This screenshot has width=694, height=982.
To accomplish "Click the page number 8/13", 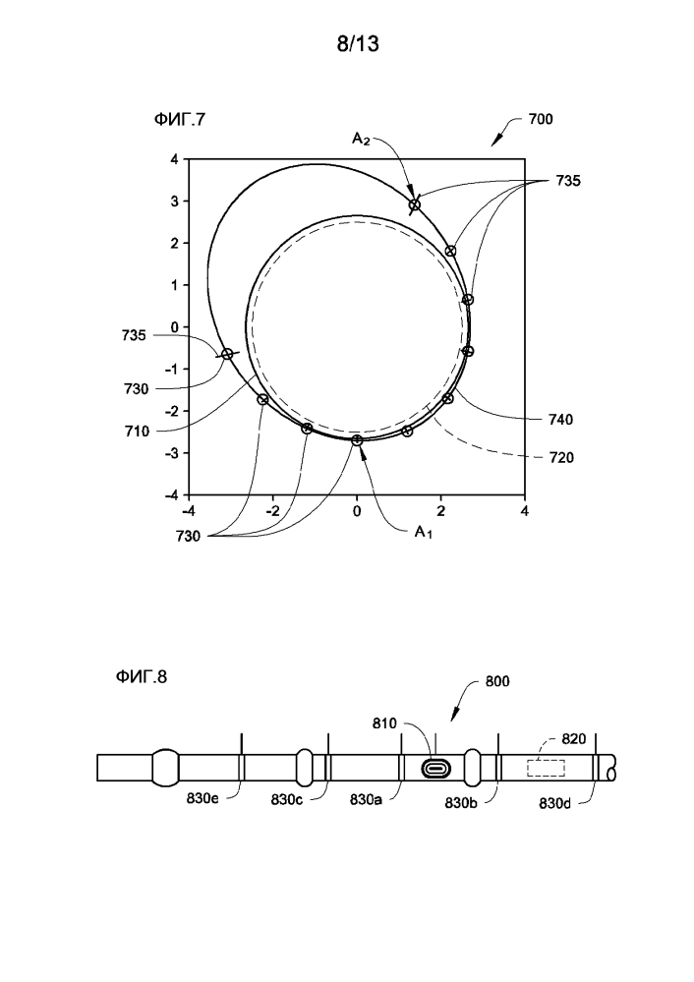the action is (x=358, y=43).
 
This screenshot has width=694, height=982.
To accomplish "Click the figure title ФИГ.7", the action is (x=179, y=119).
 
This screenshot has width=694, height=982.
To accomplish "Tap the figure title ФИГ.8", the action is (x=141, y=676).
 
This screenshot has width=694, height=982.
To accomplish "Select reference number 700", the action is (x=540, y=119).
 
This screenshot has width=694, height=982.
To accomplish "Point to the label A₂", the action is (x=361, y=139).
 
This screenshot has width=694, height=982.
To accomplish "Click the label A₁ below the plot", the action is (x=423, y=532).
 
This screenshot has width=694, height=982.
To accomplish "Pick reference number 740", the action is (x=560, y=419).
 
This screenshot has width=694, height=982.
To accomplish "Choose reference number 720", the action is (x=560, y=458).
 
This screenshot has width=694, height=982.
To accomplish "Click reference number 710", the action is (x=137, y=431).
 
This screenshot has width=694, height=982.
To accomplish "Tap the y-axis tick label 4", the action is (x=175, y=159).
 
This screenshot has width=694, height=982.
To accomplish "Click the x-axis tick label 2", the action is (x=441, y=511).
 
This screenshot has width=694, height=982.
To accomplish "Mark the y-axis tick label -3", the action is (x=171, y=453).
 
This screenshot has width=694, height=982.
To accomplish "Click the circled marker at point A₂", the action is (x=414, y=204).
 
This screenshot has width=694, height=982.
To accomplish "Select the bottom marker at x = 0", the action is (x=357, y=440).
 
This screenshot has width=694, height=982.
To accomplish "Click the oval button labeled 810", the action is (x=434, y=769).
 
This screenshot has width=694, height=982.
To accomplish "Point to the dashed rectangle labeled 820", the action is (x=546, y=768).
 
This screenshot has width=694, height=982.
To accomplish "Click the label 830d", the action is (x=555, y=803).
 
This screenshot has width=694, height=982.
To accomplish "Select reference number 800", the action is (x=497, y=681).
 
